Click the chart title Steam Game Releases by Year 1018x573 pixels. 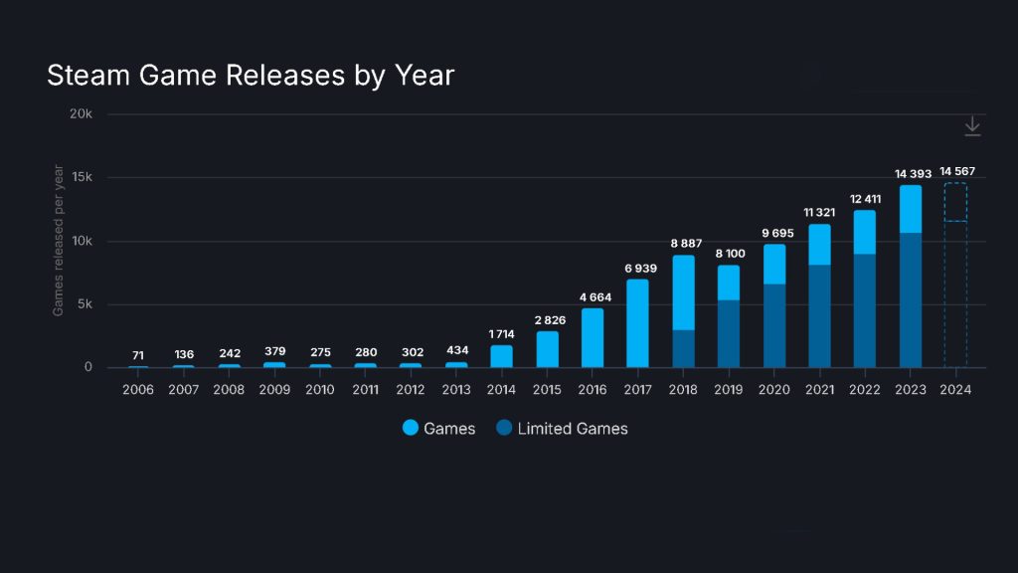251,76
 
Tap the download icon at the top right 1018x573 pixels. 972,126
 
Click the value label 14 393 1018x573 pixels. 913,174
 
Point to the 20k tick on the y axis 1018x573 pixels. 82,114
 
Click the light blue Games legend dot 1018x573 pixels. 411,429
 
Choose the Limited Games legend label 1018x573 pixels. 573,429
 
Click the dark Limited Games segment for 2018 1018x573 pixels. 683,348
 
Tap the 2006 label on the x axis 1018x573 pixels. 138,389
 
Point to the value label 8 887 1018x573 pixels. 683,244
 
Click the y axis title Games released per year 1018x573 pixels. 59,241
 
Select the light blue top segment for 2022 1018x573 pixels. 864,232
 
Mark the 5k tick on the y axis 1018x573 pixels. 85,304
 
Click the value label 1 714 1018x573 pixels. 501,334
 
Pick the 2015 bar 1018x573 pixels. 547,349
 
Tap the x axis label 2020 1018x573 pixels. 773,389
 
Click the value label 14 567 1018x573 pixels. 957,171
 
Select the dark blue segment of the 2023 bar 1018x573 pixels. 910,299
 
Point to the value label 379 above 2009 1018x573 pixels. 274,351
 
